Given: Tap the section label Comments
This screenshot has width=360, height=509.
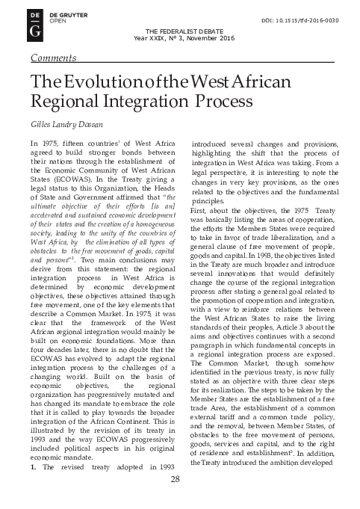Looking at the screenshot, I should coord(52,57).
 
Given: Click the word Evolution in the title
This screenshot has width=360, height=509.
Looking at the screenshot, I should coord(91,85).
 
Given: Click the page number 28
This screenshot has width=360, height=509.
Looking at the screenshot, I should coord(176,499).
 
